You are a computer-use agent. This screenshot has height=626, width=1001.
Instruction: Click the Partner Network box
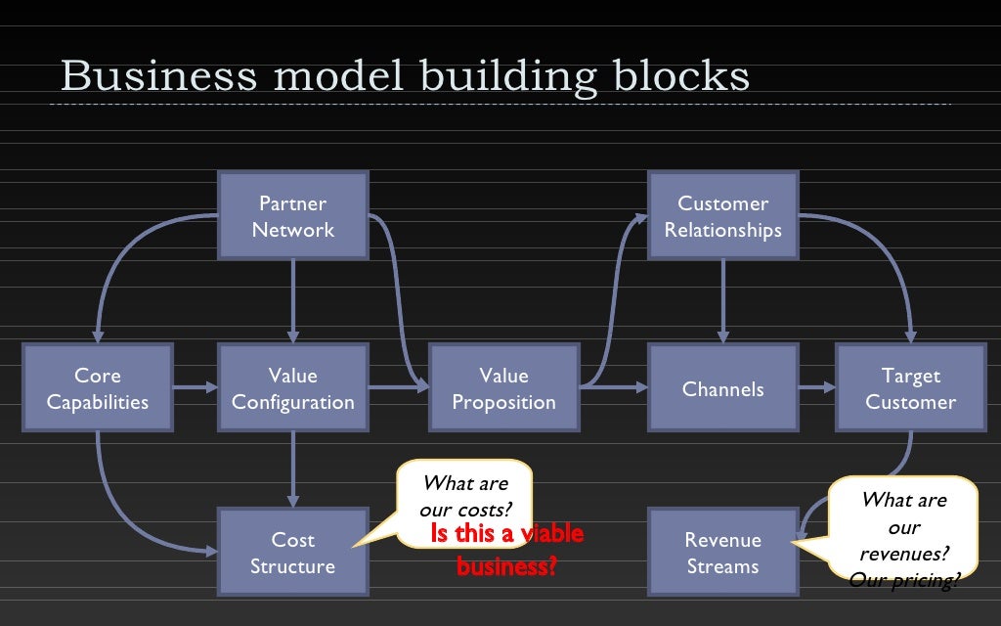[293, 216]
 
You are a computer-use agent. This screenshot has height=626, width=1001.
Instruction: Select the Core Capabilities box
[98, 388]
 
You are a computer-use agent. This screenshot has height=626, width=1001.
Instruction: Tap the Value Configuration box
[293, 388]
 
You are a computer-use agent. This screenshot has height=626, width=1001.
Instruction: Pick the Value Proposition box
[503, 388]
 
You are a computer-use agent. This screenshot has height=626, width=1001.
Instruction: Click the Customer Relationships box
[723, 216]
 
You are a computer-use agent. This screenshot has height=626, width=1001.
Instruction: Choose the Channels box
[723, 388]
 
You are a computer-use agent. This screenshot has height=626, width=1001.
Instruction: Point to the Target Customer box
[910, 388]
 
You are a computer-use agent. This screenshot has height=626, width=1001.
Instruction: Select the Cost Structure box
[293, 553]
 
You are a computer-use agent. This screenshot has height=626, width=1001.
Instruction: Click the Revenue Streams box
[723, 553]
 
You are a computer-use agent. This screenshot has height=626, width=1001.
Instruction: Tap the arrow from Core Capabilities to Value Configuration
[196, 388]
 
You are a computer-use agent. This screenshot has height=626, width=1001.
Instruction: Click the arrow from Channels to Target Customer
[817, 388]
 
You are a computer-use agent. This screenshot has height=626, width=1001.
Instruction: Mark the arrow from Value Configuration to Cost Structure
[293, 469]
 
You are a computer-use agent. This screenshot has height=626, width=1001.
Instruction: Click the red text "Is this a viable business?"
[506, 550]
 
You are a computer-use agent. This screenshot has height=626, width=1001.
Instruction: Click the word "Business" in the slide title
[155, 76]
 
